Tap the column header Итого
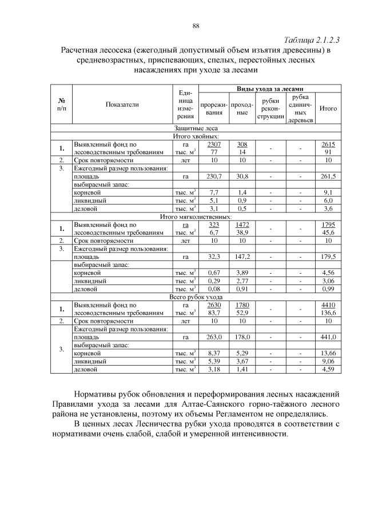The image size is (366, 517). pos(328,108)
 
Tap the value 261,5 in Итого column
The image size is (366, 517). pos(328,177)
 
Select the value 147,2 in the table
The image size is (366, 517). pos(242,258)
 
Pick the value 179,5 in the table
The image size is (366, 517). pos(328,258)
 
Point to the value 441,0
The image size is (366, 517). pos(328,338)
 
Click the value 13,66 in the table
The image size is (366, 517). pos(328,354)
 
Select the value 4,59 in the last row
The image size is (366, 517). pos(328,370)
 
